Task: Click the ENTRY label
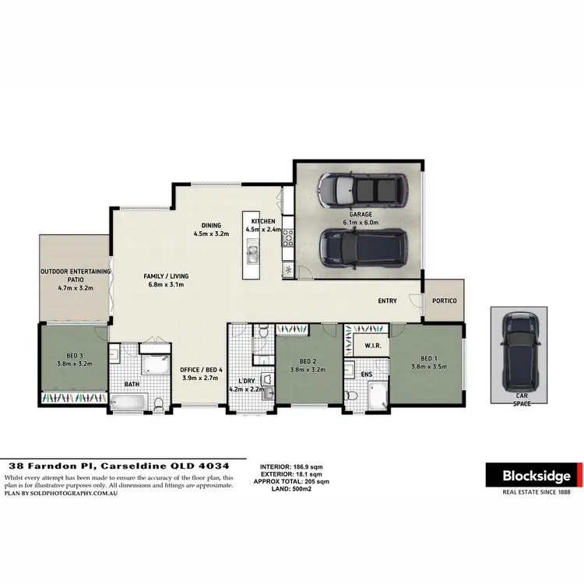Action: coord(387,301)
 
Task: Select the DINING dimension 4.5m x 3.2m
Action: coord(211,234)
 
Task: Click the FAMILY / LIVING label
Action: coord(165,276)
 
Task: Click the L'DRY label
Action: coord(248,380)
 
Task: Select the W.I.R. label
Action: coord(371,344)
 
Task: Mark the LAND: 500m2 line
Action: coord(290,488)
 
